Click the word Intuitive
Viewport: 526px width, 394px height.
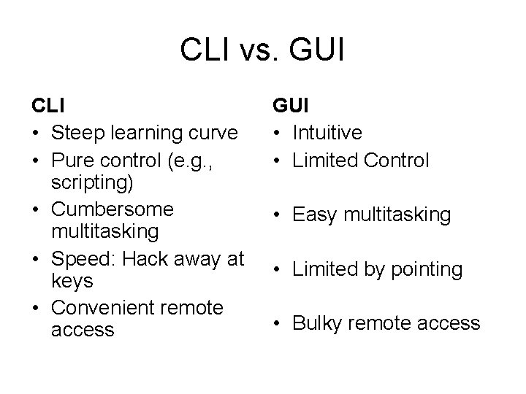point(327,134)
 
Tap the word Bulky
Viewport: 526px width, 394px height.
point(316,323)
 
